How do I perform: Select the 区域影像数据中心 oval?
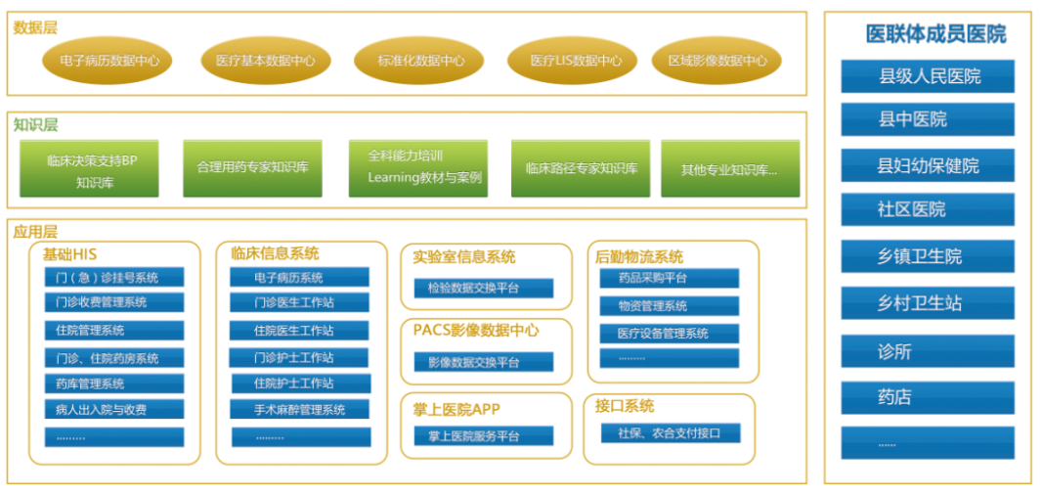click(716, 61)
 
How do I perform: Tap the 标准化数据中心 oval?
click(420, 61)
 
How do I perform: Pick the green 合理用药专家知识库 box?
click(252, 168)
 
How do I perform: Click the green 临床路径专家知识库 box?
click(581, 168)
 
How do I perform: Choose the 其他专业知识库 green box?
click(729, 168)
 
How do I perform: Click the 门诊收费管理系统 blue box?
click(114, 303)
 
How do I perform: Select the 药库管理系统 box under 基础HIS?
click(114, 383)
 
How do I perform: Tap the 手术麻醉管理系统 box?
click(300, 410)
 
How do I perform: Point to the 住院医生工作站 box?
click(300, 331)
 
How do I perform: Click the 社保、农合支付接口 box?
click(670, 432)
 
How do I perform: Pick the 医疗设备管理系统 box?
click(670, 333)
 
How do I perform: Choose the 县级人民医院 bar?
click(927, 76)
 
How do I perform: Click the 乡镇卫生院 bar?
click(927, 256)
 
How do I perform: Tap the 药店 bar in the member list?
click(927, 397)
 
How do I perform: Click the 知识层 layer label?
click(35, 124)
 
